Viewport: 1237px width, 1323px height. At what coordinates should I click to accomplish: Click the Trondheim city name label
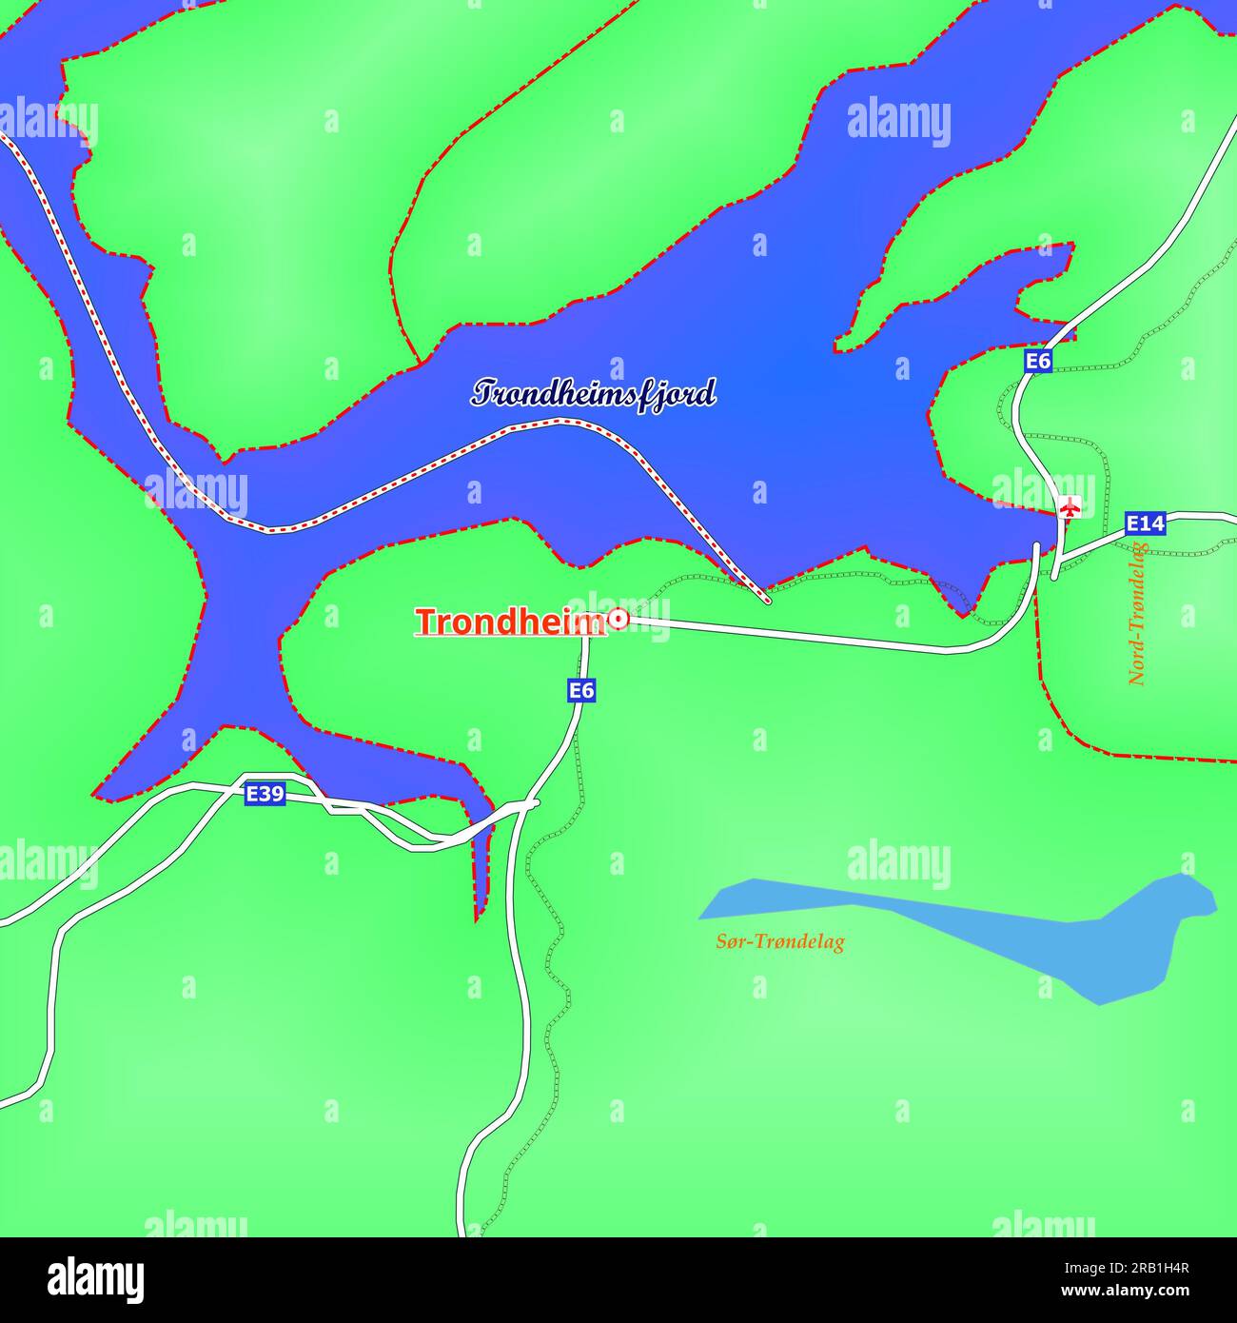point(510,622)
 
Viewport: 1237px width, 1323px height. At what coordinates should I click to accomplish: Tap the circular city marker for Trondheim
point(618,620)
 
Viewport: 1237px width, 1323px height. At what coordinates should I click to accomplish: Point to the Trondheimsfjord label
point(594,393)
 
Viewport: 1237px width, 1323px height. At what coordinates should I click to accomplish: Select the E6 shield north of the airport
point(1038,361)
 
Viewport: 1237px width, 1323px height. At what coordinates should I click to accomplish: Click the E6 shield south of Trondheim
point(581,690)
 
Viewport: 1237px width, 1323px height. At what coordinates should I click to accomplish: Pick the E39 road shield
point(265,794)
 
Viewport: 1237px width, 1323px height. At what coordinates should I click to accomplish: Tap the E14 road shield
point(1145,523)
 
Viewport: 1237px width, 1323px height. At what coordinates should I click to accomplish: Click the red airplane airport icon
point(1070,507)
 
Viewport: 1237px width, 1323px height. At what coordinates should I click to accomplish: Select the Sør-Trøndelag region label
point(780,942)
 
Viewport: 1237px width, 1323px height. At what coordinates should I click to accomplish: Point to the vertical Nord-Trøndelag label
point(1138,614)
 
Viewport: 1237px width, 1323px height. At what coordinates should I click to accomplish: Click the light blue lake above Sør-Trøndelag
point(952,928)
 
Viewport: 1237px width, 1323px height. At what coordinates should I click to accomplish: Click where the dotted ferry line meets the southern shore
point(766,601)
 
